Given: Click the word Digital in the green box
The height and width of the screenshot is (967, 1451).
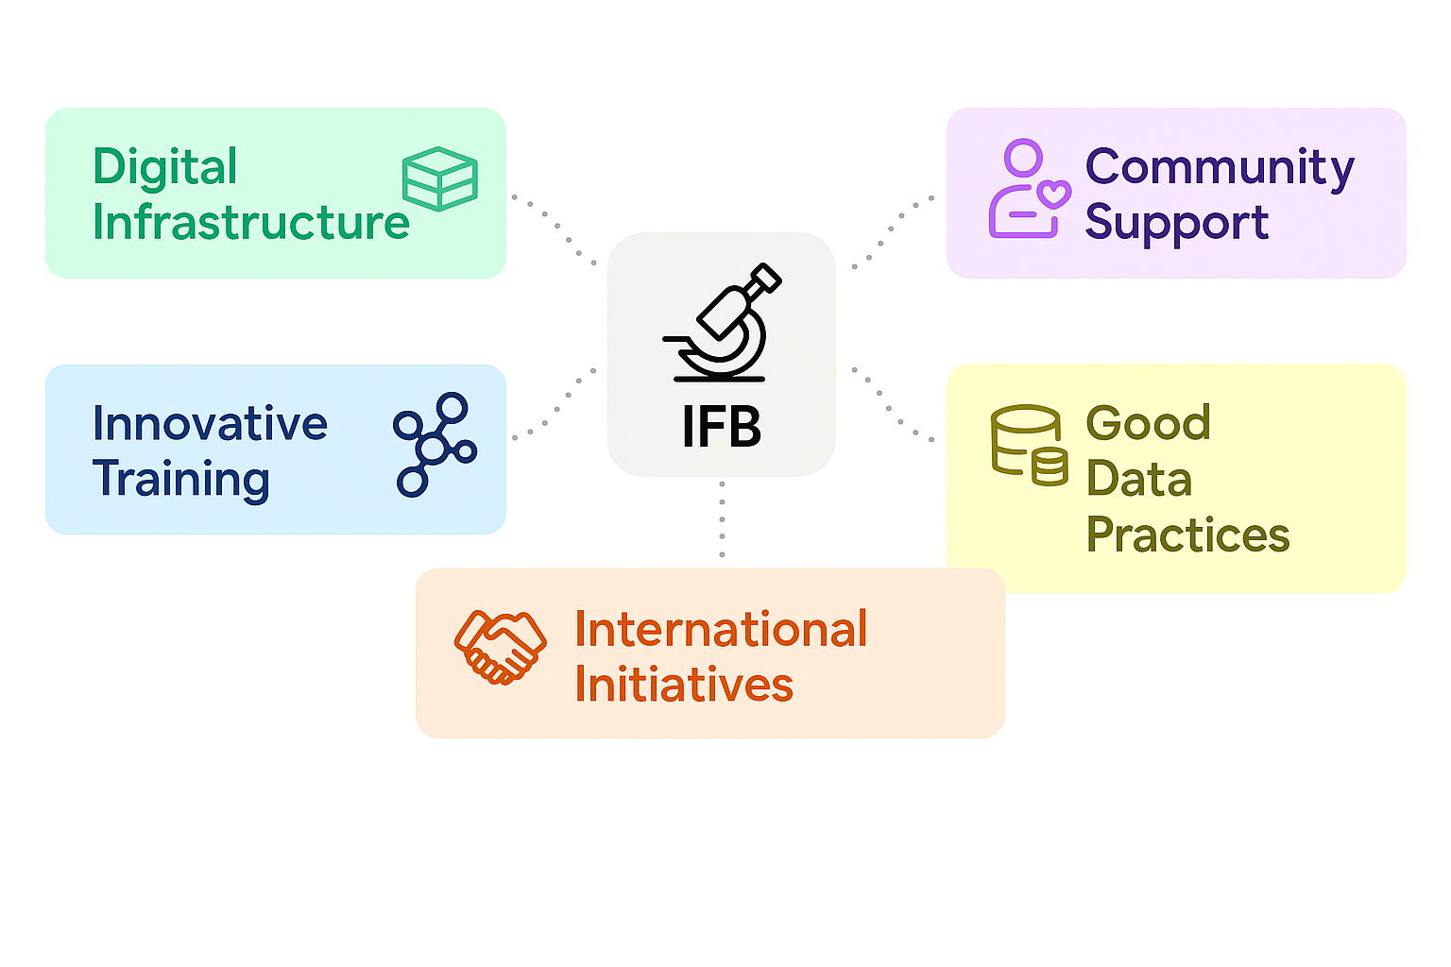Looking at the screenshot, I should pyautogui.click(x=164, y=167).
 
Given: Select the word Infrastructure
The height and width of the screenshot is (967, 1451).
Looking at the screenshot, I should pyautogui.click(x=250, y=223).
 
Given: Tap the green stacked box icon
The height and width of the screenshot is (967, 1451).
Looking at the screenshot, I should pyautogui.click(x=439, y=178).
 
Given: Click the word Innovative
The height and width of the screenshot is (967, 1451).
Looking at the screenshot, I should pyautogui.click(x=210, y=423).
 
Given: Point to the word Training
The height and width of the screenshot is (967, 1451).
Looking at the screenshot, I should pyautogui.click(x=181, y=479).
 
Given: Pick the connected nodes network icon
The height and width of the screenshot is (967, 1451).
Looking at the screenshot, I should pyautogui.click(x=435, y=445).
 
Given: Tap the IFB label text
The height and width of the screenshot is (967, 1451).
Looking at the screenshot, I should pyautogui.click(x=722, y=428).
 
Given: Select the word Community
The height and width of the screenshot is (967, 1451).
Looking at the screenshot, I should pyautogui.click(x=1220, y=167).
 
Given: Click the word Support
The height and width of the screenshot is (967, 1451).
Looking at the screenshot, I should pyautogui.click(x=1176, y=223).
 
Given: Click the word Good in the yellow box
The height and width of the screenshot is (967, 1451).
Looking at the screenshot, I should pyautogui.click(x=1148, y=423).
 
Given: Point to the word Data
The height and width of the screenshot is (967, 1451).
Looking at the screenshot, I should pyautogui.click(x=1139, y=479).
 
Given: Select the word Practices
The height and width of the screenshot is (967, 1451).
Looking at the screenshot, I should pyautogui.click(x=1187, y=534).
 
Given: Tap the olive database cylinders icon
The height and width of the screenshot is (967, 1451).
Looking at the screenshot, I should pyautogui.click(x=1029, y=445).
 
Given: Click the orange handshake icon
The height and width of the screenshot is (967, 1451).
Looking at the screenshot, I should pyautogui.click(x=500, y=647).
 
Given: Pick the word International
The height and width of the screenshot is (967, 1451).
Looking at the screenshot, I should pyautogui.click(x=721, y=629).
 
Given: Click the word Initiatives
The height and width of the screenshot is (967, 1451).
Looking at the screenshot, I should pyautogui.click(x=684, y=685).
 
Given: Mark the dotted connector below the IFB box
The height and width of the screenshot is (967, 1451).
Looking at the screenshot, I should pyautogui.click(x=722, y=519).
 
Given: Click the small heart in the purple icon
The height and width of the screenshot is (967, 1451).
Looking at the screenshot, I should pyautogui.click(x=1053, y=195).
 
